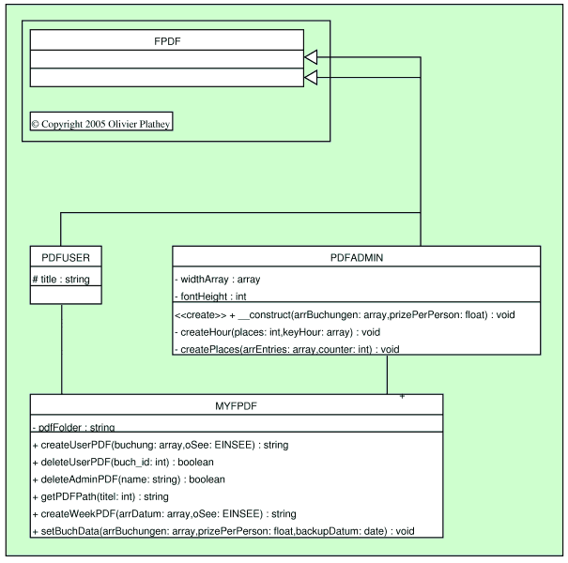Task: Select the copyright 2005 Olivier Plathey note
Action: click(101, 123)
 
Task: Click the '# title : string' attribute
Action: click(61, 279)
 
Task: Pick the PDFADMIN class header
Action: click(356, 257)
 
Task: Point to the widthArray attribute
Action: click(218, 279)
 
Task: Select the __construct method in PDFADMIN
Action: click(357, 314)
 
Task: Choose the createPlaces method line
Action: click(287, 349)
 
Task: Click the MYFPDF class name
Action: click(237, 405)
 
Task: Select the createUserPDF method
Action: click(160, 444)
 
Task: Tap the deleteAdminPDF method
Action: click(129, 479)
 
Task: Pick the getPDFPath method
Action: click(100, 496)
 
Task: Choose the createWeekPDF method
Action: click(164, 513)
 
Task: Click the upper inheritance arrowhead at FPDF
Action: click(312, 58)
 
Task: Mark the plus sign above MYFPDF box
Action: click(402, 396)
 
